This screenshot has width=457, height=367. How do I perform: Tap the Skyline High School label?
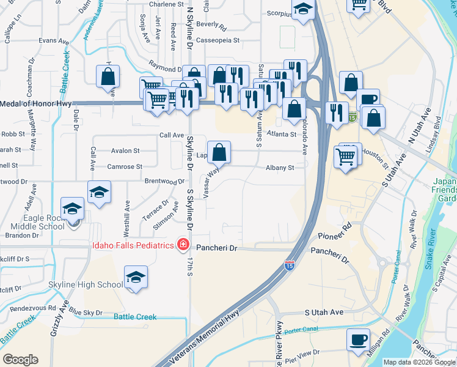86,285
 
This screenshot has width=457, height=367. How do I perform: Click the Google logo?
20,360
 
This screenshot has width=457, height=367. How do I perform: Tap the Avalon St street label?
125,150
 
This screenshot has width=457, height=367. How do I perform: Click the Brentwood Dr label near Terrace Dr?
164,182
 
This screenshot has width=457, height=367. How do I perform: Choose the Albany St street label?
280,168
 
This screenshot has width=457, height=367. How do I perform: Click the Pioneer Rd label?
335,231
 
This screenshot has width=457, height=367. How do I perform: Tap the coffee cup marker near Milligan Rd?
358,339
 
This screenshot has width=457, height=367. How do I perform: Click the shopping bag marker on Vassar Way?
219,152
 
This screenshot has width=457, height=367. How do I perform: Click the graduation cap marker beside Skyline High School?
136,277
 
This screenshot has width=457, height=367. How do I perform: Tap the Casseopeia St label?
218,40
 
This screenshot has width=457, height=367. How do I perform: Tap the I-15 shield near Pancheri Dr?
289,266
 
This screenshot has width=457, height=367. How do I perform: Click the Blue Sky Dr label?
86,313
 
